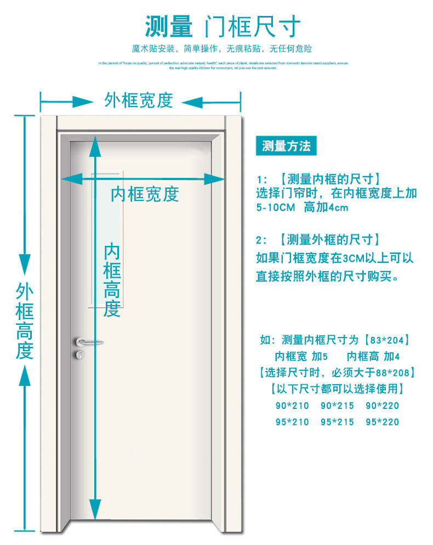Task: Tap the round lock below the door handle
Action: point(81,355)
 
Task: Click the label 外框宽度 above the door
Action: point(139,100)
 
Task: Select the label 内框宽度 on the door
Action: point(145,194)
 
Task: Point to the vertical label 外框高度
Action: point(25,321)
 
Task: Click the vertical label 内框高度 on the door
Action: point(112,280)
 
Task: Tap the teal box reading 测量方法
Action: point(286,146)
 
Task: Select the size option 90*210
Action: point(292,406)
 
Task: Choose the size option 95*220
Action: point(382,422)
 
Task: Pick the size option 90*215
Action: point(337,406)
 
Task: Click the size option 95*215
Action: point(337,422)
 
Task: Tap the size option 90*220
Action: point(382,406)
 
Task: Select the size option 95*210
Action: point(292,422)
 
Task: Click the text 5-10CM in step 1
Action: point(276,208)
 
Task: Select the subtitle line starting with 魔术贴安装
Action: point(221,49)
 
